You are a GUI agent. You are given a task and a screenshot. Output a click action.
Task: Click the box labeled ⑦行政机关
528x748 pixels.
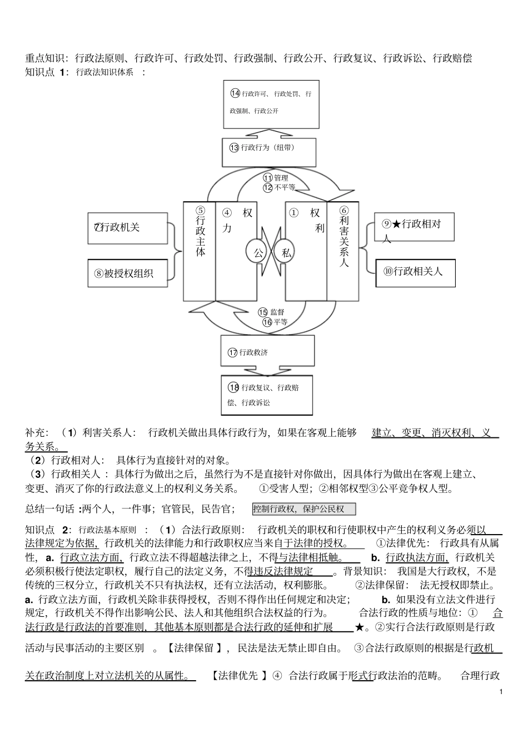pyautogui.click(x=127, y=228)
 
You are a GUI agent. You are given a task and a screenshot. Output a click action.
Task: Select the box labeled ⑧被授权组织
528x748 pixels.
pyautogui.click(x=127, y=273)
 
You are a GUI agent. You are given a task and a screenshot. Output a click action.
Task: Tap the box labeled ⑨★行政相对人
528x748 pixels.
pyautogui.click(x=414, y=227)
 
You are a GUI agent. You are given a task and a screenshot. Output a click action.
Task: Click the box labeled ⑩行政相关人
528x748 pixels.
pyautogui.click(x=415, y=272)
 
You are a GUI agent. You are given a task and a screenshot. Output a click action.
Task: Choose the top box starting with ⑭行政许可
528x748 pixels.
pyautogui.click(x=271, y=103)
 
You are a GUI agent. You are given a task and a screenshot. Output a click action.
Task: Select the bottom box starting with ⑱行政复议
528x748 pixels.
pyautogui.click(x=267, y=395)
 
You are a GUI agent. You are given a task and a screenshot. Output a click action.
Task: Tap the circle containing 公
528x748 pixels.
pyautogui.click(x=258, y=253)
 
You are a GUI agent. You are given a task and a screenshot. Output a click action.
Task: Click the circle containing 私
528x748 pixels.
pyautogui.click(x=286, y=253)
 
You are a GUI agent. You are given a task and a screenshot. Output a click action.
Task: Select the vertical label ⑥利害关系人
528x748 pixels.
pyautogui.click(x=343, y=236)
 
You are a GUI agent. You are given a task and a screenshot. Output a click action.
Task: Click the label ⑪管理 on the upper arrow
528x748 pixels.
pyautogui.click(x=276, y=178)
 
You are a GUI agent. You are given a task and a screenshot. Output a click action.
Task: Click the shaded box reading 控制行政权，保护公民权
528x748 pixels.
pyautogui.click(x=303, y=508)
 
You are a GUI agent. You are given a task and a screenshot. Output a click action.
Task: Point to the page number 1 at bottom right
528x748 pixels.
pyautogui.click(x=501, y=692)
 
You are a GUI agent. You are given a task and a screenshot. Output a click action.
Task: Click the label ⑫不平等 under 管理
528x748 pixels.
pyautogui.click(x=279, y=187)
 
